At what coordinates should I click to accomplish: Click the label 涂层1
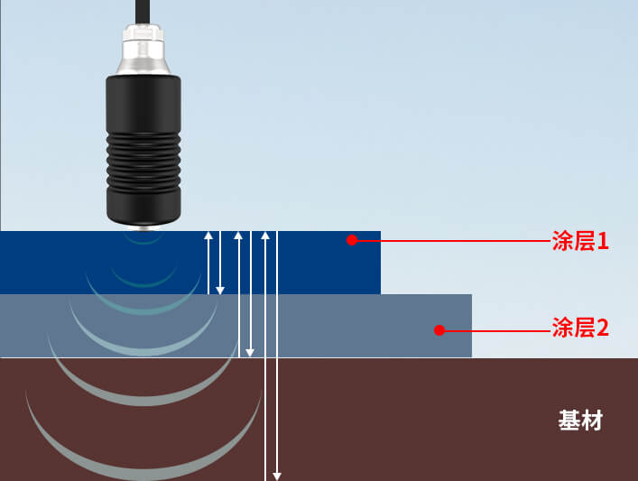point(580,241)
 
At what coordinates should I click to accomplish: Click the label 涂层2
point(580,328)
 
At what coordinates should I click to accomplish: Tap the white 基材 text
point(580,421)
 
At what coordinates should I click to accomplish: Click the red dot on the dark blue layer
point(352,240)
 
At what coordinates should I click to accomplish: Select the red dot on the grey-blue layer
point(439,329)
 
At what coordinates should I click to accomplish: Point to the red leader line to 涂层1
point(451,241)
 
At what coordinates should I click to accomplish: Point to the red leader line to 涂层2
point(496,329)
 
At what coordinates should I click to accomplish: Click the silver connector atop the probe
point(142,51)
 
